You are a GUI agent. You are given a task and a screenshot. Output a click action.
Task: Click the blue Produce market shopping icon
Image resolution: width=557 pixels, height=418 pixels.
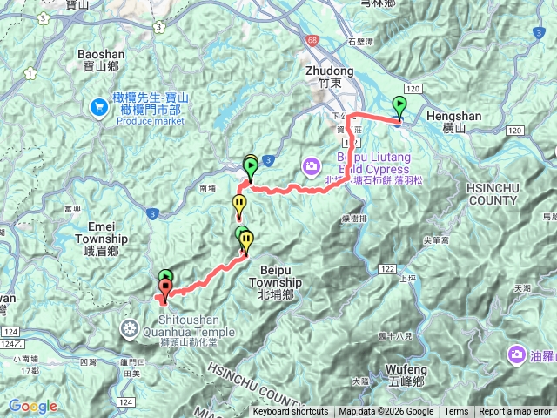[98, 108]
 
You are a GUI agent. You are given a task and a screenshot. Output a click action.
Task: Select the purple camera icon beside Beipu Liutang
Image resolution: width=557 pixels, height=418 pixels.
[311, 165]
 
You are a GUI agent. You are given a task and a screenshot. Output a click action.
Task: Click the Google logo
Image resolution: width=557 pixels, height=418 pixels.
[33, 406]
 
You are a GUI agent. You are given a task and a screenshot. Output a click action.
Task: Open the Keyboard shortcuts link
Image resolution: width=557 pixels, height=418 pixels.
[291, 412]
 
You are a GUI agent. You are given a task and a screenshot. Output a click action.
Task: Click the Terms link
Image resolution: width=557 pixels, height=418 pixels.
[456, 412]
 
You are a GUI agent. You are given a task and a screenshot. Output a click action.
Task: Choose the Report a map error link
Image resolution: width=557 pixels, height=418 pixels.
[515, 412]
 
